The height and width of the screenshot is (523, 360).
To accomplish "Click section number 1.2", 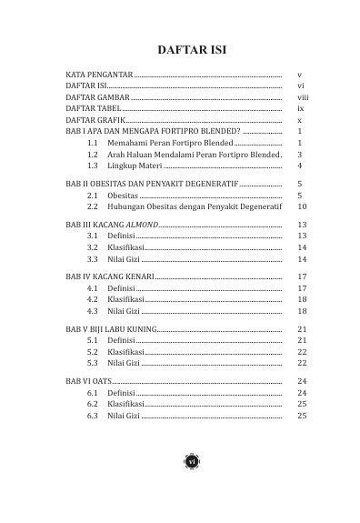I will pyautogui.click(x=93, y=156).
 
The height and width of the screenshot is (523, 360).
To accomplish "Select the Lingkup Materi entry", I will pyautogui.click(x=135, y=167).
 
